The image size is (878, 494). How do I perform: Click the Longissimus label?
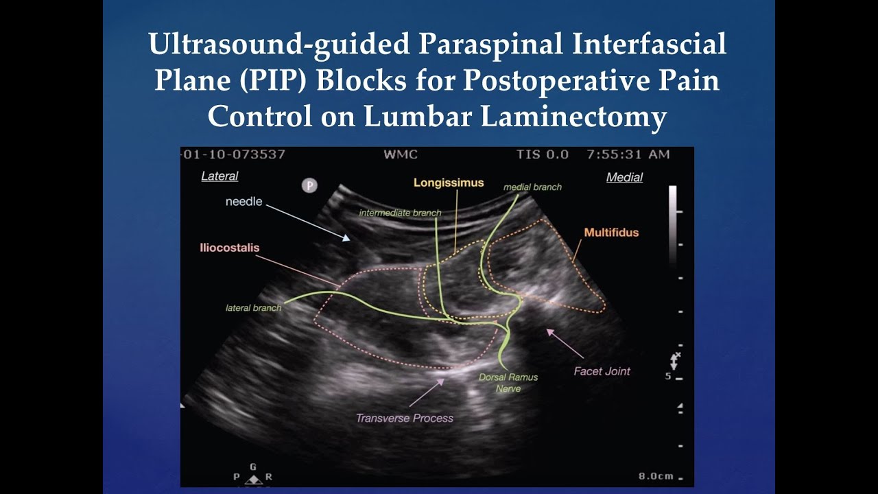(449, 183)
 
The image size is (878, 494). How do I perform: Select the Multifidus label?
(611, 233)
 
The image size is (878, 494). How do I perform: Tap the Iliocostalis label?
(230, 248)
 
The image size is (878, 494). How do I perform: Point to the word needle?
(244, 202)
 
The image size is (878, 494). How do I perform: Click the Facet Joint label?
(602, 371)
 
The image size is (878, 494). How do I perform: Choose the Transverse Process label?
(405, 417)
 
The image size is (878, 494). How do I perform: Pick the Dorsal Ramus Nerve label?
(508, 383)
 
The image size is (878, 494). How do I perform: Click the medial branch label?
(532, 187)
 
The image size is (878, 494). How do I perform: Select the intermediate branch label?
(400, 213)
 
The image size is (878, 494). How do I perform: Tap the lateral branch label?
(253, 308)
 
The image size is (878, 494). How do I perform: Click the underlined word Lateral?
(219, 176)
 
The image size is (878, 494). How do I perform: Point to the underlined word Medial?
(624, 178)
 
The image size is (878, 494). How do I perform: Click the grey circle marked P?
(309, 185)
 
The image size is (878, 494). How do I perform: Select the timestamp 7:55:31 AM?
(628, 154)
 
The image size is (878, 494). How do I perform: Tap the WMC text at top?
(401, 154)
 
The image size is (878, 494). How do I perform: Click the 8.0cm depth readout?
(656, 475)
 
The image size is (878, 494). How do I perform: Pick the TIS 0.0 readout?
(543, 154)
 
